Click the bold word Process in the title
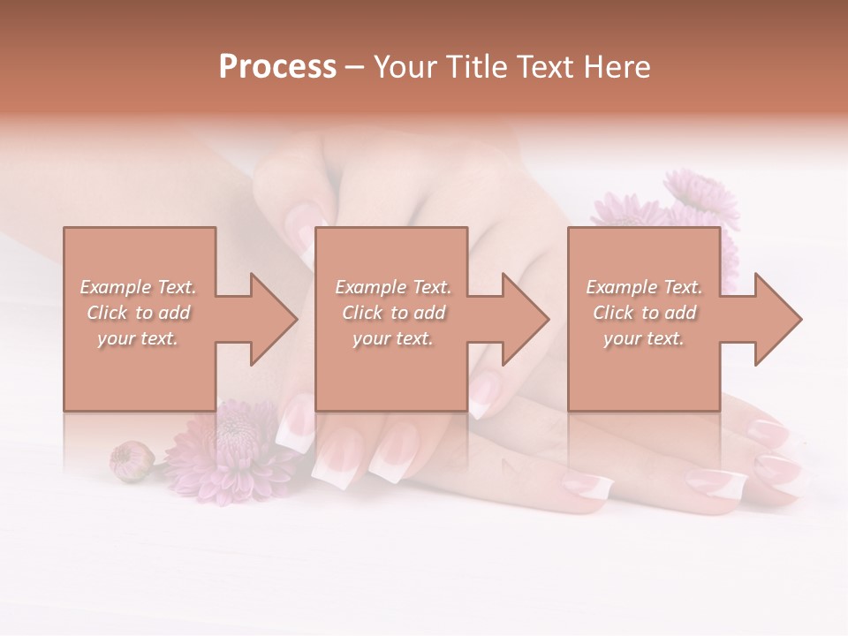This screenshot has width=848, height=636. pos(277,67)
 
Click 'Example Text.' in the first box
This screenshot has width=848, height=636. pos(139,287)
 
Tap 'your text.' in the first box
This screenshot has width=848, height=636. pos(139,338)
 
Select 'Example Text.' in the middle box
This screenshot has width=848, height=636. pos(393,287)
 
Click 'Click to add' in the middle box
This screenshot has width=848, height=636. pos(393,313)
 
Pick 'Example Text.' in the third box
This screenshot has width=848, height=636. pos(644,287)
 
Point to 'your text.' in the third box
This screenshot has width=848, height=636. pos(644,338)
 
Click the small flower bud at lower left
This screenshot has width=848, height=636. pos(131,460)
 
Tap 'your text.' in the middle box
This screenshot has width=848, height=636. pos(393,338)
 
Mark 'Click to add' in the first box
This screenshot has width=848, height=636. pos(139,313)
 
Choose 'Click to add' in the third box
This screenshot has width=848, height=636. pos(644,313)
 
